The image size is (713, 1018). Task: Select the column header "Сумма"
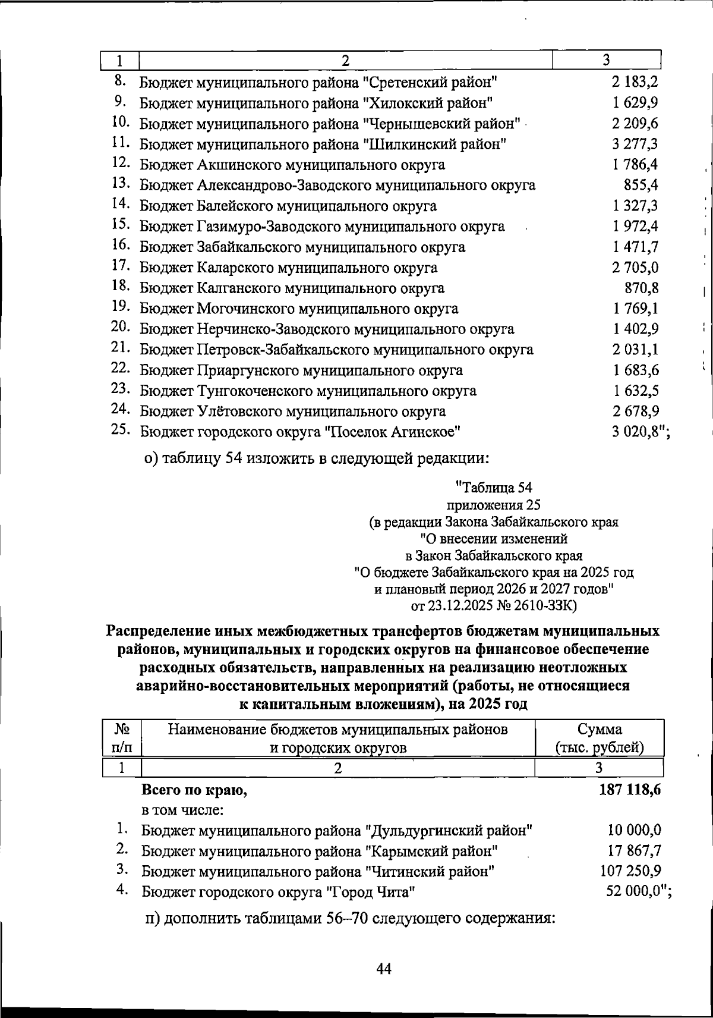pyautogui.click(x=600, y=729)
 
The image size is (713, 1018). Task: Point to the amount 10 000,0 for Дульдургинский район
pyautogui.click(x=635, y=830)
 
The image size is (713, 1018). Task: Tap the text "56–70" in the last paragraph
pyautogui.click(x=348, y=918)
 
